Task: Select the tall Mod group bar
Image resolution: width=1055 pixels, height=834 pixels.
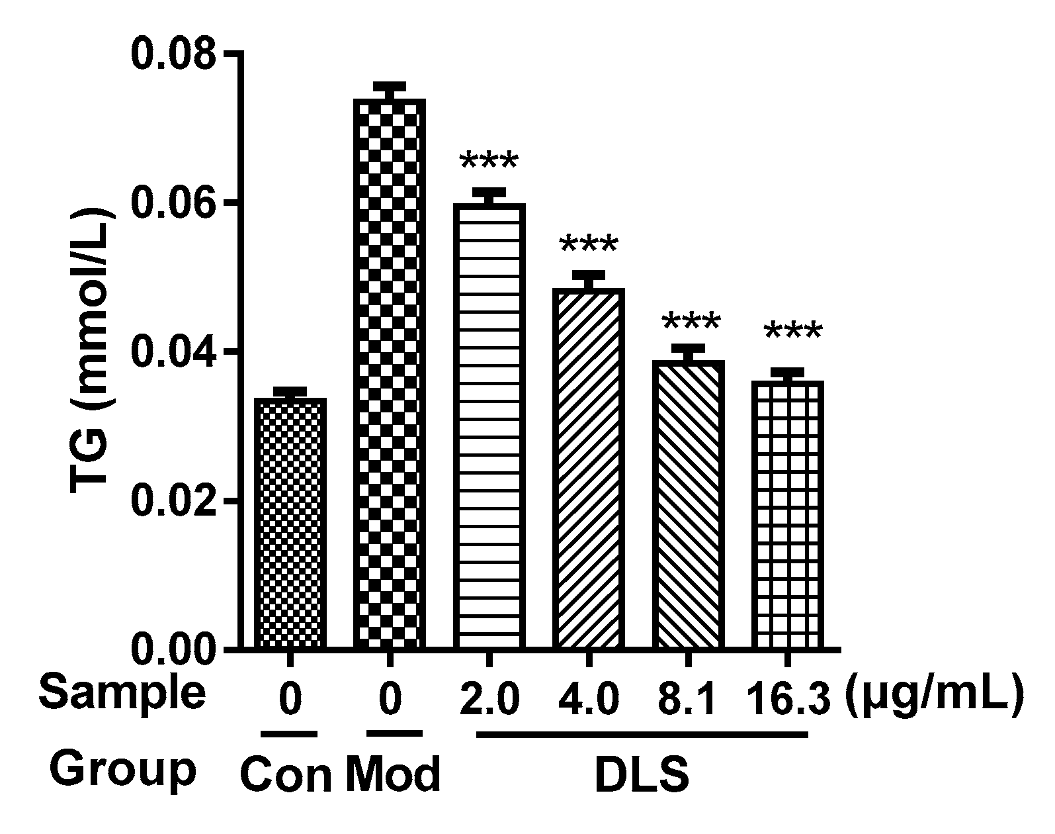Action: (390, 374)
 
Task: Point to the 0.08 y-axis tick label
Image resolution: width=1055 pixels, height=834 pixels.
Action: (174, 54)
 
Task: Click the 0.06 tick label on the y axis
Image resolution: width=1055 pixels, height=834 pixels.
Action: (174, 203)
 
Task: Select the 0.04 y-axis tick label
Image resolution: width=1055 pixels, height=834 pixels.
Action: (174, 351)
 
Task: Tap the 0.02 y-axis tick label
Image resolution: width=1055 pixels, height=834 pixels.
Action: (174, 501)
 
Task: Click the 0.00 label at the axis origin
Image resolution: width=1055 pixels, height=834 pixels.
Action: (174, 649)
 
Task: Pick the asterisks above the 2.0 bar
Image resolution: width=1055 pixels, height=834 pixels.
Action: (489, 163)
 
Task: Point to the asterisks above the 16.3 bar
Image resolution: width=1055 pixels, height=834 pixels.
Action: (793, 333)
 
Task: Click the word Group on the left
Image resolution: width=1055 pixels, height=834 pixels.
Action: (124, 769)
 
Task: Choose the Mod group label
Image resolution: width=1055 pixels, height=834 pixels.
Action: (393, 774)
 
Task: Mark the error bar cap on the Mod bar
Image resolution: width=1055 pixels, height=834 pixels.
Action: (390, 85)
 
